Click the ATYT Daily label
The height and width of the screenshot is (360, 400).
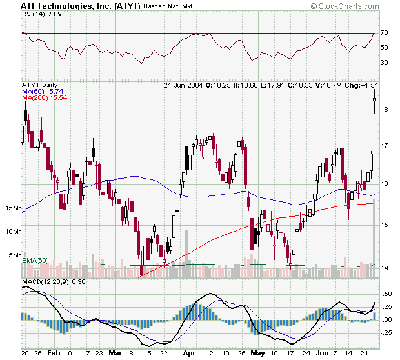pos(40,85)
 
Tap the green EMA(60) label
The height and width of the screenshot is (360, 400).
pos(35,260)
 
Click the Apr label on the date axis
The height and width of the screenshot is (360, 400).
pos(188,354)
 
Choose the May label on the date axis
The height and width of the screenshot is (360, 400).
pos(257,354)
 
